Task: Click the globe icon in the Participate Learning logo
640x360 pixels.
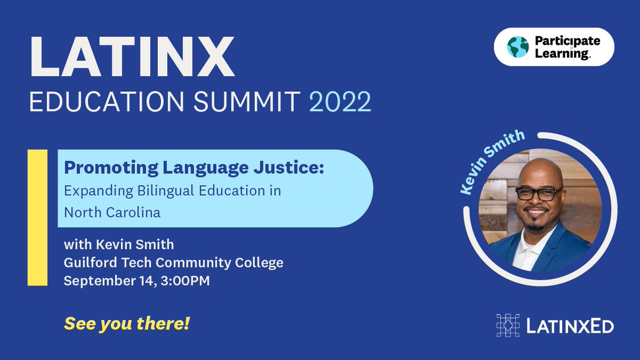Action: pos(517,47)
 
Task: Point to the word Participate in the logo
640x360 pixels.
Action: pos(567,41)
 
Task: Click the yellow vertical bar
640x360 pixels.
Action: pos(37,218)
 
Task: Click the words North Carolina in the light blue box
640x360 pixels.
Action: pos(112,212)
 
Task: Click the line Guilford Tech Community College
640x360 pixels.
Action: pos(173,262)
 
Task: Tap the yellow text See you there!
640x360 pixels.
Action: pos(127,323)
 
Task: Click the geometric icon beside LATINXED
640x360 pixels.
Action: pos(508,325)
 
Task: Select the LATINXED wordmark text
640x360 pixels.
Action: pos(570,326)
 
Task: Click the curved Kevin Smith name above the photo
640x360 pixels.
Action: pos(493,160)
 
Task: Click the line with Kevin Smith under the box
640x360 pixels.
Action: pos(118,245)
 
